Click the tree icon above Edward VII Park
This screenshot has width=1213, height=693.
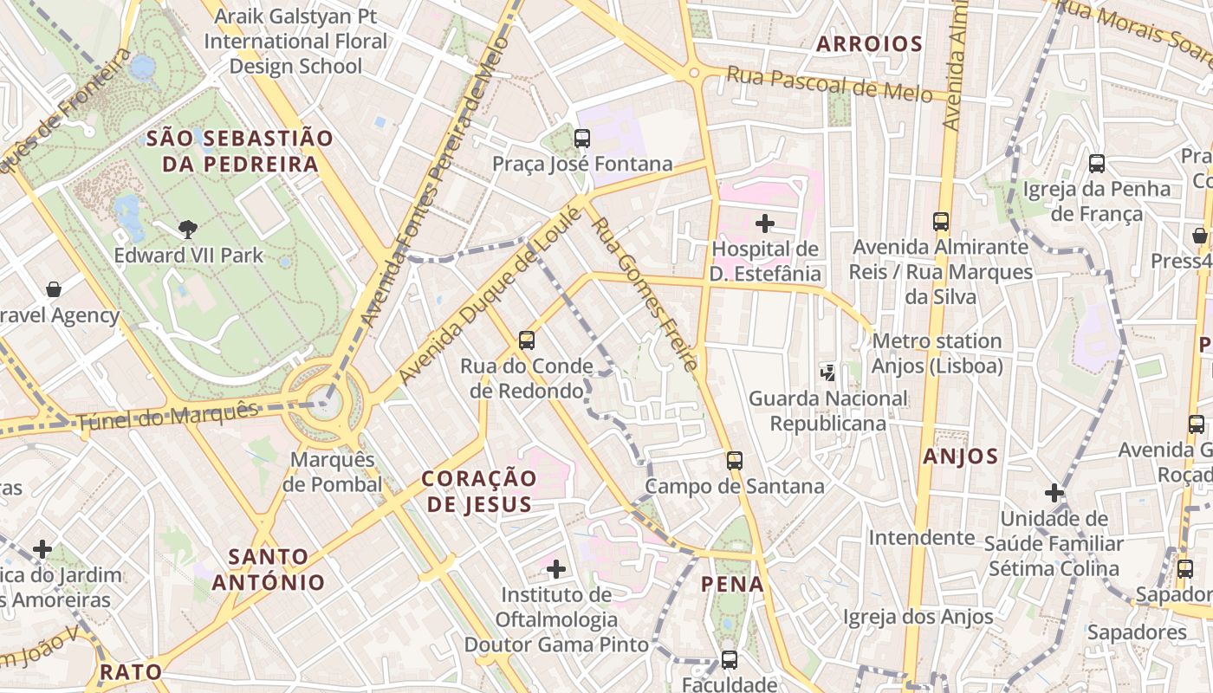click(187, 230)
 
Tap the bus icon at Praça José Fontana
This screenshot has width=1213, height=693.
click(582, 138)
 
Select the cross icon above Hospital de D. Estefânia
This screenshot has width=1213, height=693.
click(764, 223)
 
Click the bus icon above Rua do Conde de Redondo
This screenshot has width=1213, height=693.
click(526, 340)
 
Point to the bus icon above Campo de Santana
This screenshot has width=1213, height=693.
click(735, 460)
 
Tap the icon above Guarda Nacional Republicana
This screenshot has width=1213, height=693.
click(827, 373)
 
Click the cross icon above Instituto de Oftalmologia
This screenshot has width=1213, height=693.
click(556, 569)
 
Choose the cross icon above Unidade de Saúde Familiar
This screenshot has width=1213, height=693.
click(1054, 493)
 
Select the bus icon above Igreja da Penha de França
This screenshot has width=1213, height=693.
click(1096, 163)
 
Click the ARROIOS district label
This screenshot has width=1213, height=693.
click(869, 44)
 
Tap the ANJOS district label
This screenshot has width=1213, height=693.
click(960, 456)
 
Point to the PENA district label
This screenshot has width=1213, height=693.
click(733, 584)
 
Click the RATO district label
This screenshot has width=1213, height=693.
click(131, 671)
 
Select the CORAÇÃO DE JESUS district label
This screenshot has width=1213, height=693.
click(478, 490)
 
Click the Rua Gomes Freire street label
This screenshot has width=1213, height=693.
click(644, 294)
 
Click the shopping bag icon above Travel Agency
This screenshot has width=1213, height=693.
click(54, 288)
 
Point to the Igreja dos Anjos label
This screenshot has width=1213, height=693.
click(918, 617)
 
